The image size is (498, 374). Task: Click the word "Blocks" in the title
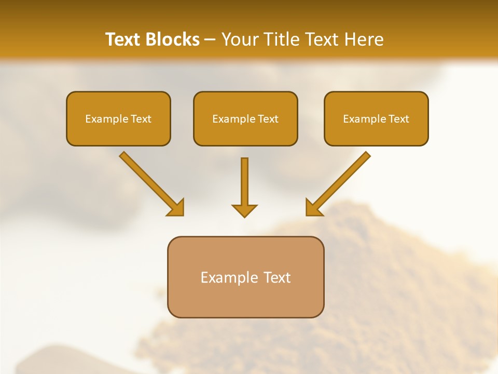(174, 39)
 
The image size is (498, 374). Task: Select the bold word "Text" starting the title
(125, 39)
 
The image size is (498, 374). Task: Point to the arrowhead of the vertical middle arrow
(244, 211)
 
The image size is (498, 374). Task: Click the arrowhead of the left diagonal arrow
(176, 208)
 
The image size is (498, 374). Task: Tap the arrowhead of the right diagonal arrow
(313, 208)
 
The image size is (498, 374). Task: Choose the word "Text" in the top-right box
(398, 119)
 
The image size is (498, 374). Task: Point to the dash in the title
(210, 40)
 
